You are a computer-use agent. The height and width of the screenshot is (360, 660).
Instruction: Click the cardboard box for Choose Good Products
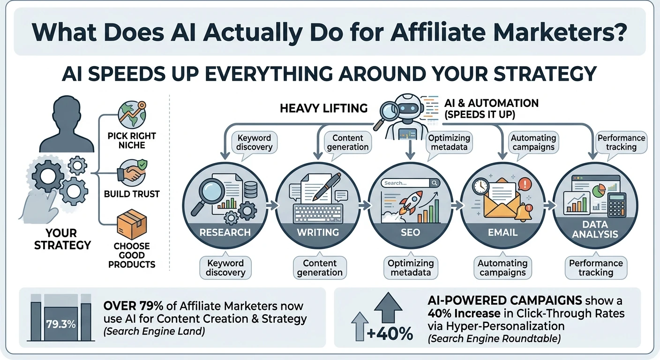tap(132, 225)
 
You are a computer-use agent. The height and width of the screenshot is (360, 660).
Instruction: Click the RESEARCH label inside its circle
tap(225, 232)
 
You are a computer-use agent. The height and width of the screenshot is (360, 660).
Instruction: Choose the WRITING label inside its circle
tap(318, 232)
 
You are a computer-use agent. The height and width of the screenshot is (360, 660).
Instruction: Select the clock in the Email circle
tap(481, 187)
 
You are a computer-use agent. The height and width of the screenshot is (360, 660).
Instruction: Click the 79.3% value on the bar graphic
tap(61, 323)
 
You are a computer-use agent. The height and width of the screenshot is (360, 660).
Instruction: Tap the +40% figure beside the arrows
tap(390, 334)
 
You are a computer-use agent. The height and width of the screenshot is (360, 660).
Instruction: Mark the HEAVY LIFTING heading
tap(323, 108)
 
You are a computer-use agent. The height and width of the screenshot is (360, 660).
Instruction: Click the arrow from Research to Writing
tap(270, 205)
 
